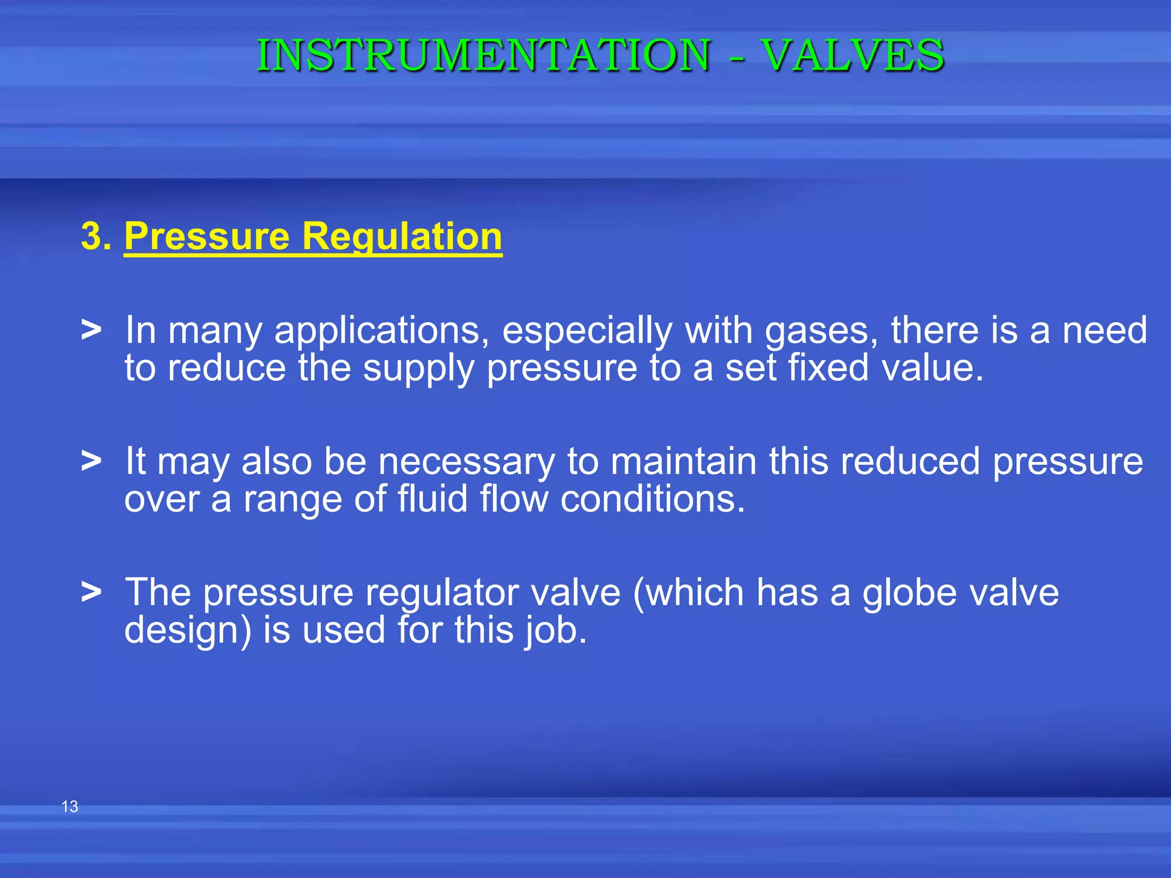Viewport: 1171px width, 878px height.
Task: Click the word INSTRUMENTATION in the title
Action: pos(484,55)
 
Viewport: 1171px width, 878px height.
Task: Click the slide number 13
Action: pos(70,807)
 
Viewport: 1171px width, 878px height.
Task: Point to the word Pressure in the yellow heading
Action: pos(207,236)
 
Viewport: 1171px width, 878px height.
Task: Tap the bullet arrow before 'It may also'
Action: pos(91,460)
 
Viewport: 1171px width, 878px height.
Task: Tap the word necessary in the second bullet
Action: pos(466,462)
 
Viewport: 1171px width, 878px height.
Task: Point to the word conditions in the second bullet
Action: pos(652,498)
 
